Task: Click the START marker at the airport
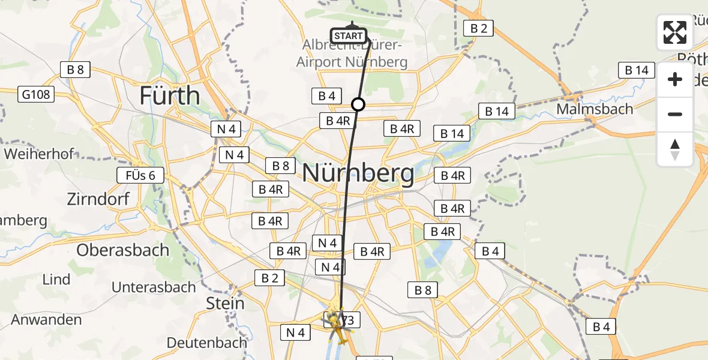[x=349, y=36]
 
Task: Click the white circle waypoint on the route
[x=358, y=105]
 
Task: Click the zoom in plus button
[x=675, y=80]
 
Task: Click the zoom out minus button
[x=675, y=114]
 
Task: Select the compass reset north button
[x=675, y=149]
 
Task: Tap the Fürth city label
[x=170, y=95]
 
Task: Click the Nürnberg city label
[x=358, y=173]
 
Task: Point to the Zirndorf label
[x=99, y=199]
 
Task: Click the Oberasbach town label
[x=123, y=250]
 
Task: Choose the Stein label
[x=225, y=303]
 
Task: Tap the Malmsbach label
[x=595, y=109]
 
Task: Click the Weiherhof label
[x=39, y=154]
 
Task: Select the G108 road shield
[x=37, y=94]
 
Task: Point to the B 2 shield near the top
[x=478, y=28]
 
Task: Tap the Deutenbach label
[x=206, y=343]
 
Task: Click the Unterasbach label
[x=154, y=287]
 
